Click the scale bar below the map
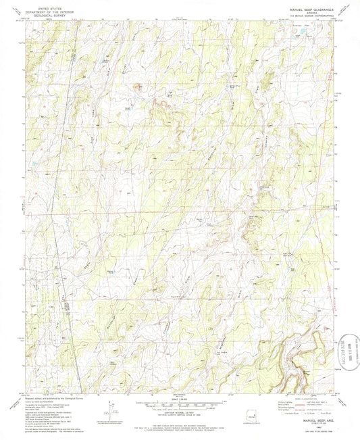click(180, 405)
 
